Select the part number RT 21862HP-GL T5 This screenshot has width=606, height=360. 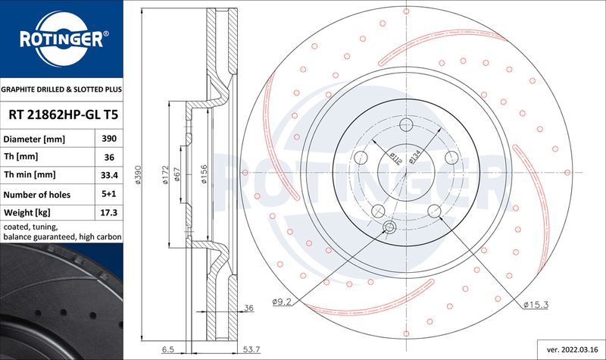(61, 115)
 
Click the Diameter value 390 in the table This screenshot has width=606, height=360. (108, 139)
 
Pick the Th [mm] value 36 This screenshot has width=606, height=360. (108, 158)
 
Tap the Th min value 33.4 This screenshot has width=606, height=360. (108, 176)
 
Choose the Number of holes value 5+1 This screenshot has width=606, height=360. (108, 195)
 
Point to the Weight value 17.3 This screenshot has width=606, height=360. (108, 213)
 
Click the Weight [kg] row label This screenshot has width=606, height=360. (27, 213)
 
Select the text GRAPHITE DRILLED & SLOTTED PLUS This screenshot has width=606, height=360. (61, 89)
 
